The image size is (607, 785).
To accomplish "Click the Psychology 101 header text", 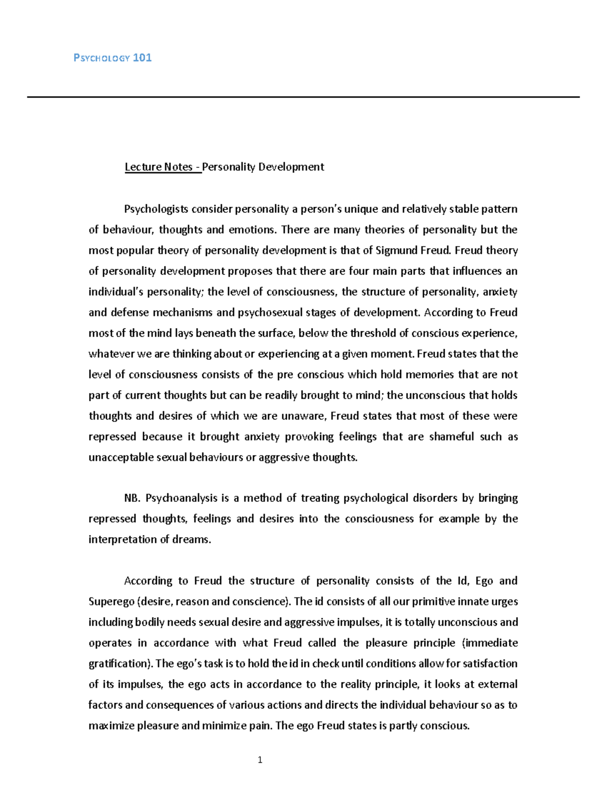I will point(112,58).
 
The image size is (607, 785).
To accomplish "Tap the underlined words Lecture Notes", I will point(158,167).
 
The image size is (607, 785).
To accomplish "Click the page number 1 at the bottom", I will point(260,760).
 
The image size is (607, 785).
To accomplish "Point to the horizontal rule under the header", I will point(303,97).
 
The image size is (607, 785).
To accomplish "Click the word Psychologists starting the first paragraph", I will point(156,209).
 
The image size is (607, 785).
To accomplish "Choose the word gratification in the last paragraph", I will point(117,664).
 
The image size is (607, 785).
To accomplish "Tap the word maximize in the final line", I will point(111,726).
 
